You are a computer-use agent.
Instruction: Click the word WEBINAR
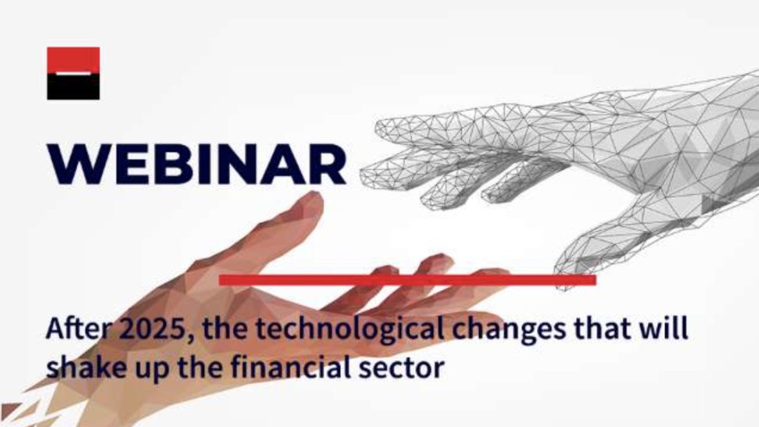point(195,163)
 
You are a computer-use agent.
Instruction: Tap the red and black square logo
point(73,74)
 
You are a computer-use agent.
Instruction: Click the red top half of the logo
point(73,59)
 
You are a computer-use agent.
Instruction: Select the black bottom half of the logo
point(73,87)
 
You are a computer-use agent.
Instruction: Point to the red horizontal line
point(407,279)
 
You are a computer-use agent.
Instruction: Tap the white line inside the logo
point(73,73)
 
